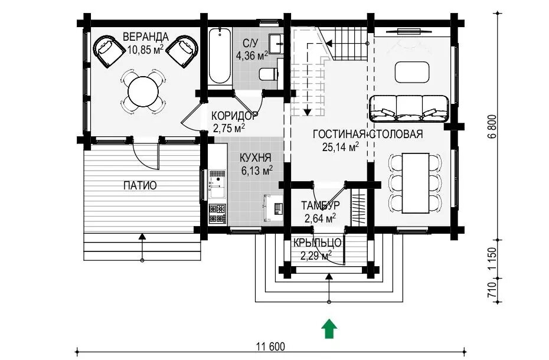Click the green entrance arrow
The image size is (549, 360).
pos(329,329)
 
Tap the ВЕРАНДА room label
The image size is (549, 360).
pos(146,37)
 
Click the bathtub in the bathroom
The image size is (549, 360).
pos(220,57)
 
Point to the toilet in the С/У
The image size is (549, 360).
pos(269,74)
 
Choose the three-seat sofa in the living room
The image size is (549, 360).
pos(409,108)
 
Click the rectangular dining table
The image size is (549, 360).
pos(416,183)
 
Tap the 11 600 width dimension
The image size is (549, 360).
pos(270,346)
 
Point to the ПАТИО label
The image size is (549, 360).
pos(140,185)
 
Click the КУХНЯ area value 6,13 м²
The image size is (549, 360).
pos(257,170)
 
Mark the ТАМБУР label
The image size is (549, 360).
pos(321,205)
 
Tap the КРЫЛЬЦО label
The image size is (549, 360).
pos(318,243)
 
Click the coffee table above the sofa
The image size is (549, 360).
pos(412,72)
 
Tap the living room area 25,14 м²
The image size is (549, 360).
pos(341,147)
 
